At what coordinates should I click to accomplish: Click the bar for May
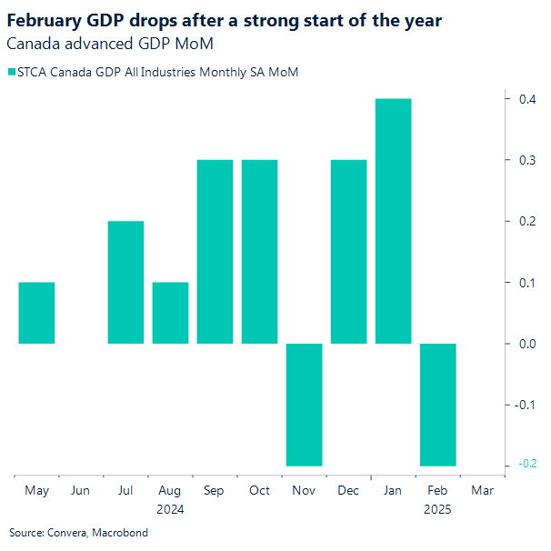36,313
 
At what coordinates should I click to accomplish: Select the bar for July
125,282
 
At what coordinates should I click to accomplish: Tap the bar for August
170,313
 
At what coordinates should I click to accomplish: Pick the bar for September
215,252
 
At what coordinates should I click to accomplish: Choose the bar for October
259,252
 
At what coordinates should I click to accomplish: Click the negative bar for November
304,405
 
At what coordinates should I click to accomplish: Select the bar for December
348,252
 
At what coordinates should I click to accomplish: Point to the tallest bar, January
393,221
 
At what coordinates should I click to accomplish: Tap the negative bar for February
437,405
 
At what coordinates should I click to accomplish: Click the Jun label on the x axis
81,491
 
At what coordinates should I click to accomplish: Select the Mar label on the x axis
482,491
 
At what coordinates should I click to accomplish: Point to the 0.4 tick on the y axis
526,99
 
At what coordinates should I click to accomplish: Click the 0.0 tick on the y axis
526,344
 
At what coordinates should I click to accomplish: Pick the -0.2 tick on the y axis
525,466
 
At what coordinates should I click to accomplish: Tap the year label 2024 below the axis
170,510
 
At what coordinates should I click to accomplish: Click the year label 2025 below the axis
437,510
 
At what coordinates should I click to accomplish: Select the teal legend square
11,72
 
